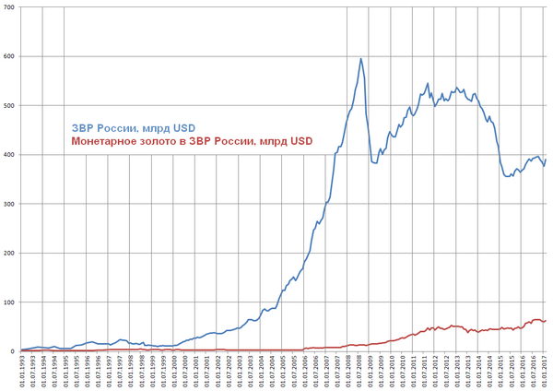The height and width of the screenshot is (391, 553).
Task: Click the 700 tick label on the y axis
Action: (x=9, y=7)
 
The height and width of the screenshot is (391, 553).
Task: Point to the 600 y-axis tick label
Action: (x=9, y=56)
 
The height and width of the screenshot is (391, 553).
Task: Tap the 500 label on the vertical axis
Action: (x=9, y=105)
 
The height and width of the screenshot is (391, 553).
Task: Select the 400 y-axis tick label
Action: (x=9, y=155)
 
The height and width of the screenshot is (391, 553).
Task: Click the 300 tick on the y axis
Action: (x=9, y=204)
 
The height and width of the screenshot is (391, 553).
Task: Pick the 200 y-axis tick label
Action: (x=9, y=254)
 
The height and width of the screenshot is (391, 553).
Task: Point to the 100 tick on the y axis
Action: (x=9, y=302)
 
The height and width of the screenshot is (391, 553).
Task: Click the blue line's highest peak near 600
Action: (x=360, y=58)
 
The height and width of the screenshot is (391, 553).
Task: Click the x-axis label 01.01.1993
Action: (x=22, y=373)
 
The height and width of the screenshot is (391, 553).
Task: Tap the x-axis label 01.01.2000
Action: (x=174, y=373)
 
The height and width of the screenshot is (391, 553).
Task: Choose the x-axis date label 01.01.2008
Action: (x=349, y=373)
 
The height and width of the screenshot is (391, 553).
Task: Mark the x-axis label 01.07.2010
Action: (x=404, y=373)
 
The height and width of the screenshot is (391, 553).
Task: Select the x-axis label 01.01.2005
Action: (x=284, y=373)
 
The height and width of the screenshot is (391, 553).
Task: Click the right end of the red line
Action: (x=546, y=320)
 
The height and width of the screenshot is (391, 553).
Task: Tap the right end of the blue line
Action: (x=546, y=160)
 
